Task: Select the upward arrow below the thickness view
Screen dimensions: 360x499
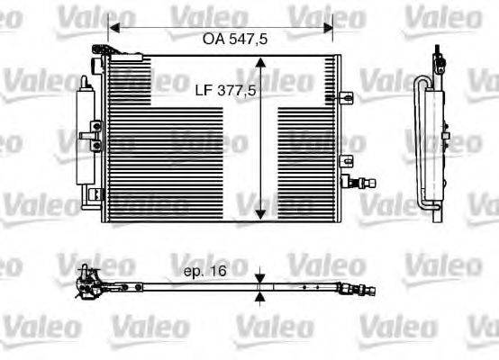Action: point(260,296)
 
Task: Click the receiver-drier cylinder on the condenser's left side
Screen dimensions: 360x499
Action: point(87,135)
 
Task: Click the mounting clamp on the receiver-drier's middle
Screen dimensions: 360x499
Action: point(89,137)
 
